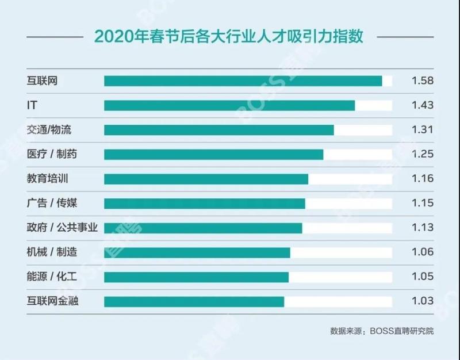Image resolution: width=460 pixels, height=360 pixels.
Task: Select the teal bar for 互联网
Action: (243, 81)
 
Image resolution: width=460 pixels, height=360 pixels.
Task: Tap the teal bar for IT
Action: (229, 105)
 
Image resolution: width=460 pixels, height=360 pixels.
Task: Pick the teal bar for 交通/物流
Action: (218, 130)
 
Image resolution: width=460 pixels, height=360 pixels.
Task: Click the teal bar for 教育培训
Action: (206, 179)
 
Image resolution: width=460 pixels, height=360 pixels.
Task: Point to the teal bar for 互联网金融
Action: (194, 301)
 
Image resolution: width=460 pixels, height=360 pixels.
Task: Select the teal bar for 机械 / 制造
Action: (197, 252)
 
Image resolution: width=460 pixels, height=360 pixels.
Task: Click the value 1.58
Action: (422, 81)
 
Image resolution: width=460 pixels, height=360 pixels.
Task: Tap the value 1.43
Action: (422, 105)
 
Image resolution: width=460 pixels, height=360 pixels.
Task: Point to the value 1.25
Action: (422, 154)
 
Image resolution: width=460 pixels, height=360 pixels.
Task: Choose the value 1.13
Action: (422, 228)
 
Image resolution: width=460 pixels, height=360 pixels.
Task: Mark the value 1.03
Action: (422, 301)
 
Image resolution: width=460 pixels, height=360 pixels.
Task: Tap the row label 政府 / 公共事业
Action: (62, 228)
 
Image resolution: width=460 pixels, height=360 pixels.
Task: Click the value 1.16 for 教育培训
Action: (422, 179)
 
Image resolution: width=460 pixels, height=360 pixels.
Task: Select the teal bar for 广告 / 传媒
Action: (204, 203)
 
